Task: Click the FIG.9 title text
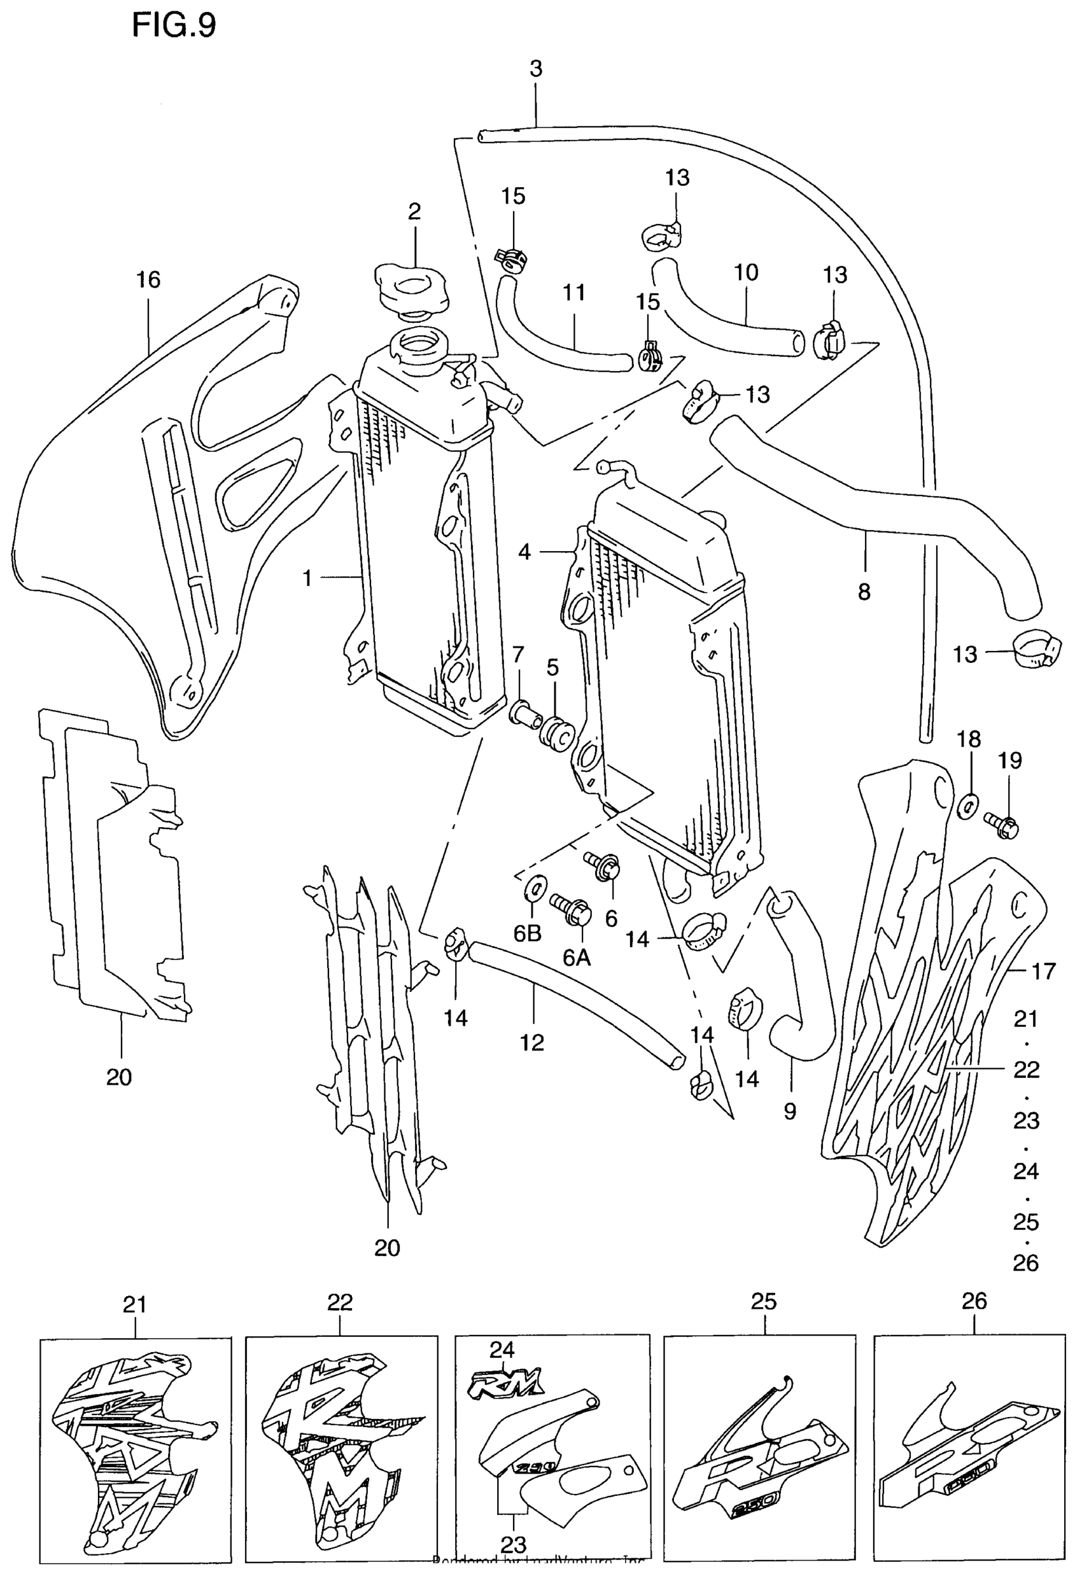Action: [174, 27]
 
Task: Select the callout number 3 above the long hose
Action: [536, 69]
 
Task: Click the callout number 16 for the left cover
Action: [148, 279]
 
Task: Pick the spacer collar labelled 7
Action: [526, 713]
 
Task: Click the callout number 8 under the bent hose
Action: [864, 592]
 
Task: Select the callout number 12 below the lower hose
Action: [533, 1042]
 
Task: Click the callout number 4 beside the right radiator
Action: [524, 552]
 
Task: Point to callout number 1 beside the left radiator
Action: [307, 578]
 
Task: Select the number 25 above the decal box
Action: [764, 1301]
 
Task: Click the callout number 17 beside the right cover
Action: [1043, 971]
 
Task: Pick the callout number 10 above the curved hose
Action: [745, 272]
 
